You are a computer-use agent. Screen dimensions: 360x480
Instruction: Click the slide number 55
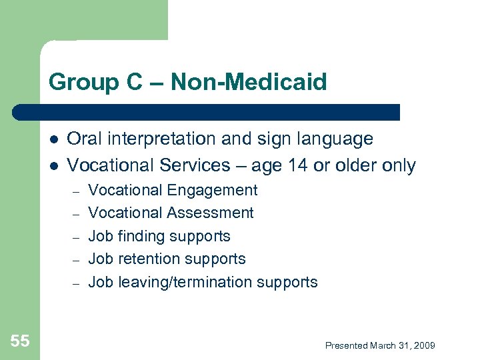pos(20,341)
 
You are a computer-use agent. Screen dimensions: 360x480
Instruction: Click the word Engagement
pos(212,191)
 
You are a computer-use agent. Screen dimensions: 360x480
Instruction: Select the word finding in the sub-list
pos(140,237)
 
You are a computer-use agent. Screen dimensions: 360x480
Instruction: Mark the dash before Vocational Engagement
pos(76,191)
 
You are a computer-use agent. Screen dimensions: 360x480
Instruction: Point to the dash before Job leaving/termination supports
pos(76,283)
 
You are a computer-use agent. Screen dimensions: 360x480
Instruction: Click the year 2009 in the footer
pos(423,345)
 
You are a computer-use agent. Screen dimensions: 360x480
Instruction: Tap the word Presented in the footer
pos(346,345)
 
